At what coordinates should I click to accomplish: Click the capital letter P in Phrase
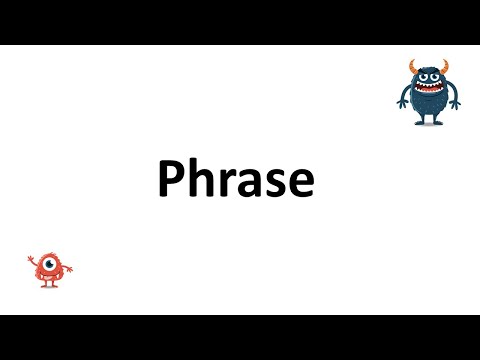(171, 181)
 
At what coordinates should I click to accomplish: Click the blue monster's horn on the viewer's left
(413, 67)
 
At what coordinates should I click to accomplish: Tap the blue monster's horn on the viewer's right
(446, 67)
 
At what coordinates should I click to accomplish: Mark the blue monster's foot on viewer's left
(420, 122)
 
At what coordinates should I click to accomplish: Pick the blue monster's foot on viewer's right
(440, 122)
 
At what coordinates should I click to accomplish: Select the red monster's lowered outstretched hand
(71, 271)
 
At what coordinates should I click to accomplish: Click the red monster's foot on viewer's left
(44, 285)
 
